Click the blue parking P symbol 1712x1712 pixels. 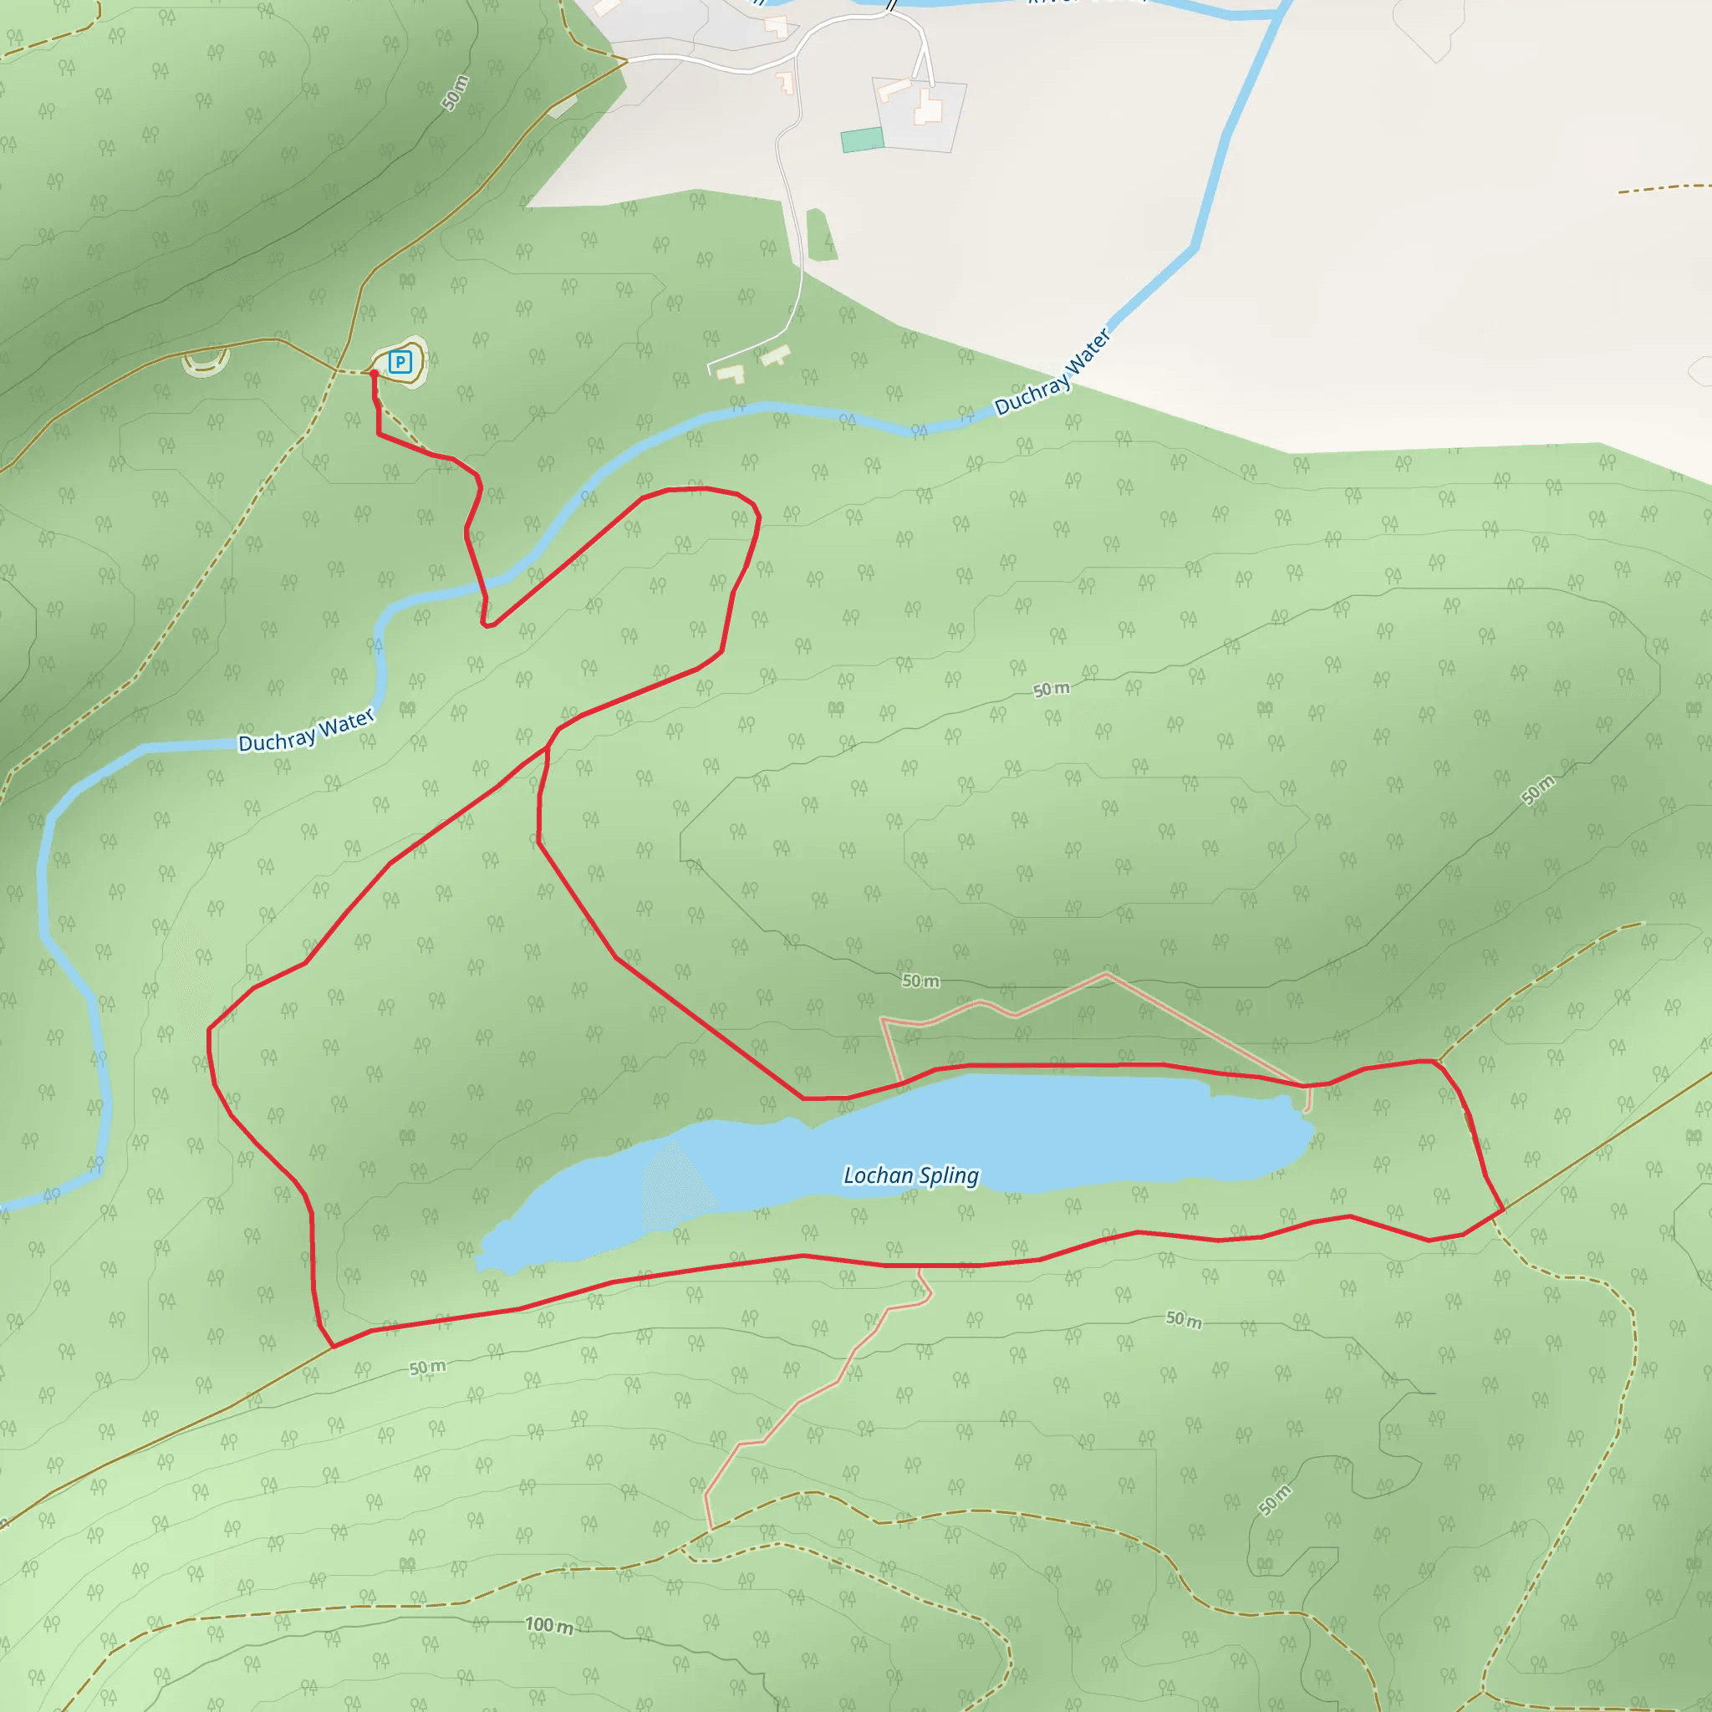(x=400, y=361)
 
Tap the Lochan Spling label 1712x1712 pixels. (x=910, y=1175)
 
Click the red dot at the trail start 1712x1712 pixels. (x=373, y=374)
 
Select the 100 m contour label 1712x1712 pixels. (x=549, y=1625)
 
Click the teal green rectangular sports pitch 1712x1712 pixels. (x=862, y=139)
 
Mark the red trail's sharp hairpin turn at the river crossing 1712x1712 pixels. (x=487, y=624)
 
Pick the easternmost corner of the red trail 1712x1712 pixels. (x=1503, y=1209)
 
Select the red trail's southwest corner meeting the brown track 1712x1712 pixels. (x=334, y=1347)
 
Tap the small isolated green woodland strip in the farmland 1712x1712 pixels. (x=822, y=236)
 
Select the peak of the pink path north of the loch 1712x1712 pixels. (x=1106, y=974)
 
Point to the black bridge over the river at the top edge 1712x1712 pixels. (x=890, y=4)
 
